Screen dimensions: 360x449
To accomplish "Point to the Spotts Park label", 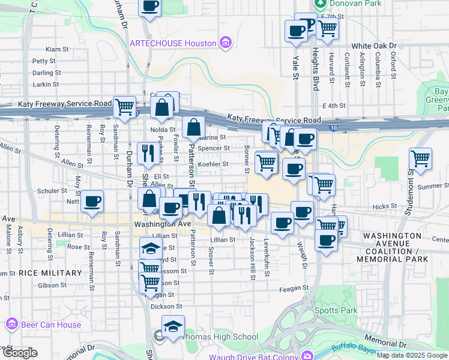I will click(336, 310).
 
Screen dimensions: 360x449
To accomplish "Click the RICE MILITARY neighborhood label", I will click(50, 273).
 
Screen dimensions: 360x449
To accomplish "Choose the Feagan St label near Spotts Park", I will click(294, 289).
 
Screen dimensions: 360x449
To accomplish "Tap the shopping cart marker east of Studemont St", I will click(420, 159).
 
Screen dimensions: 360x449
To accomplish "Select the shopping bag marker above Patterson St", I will click(194, 128).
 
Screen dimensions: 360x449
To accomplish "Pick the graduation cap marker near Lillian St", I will click(151, 248).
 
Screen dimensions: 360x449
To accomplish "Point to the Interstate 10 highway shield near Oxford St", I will click(333, 127).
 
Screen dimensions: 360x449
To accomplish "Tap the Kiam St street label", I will click(53, 49).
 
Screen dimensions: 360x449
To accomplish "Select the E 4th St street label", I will click(334, 106).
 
